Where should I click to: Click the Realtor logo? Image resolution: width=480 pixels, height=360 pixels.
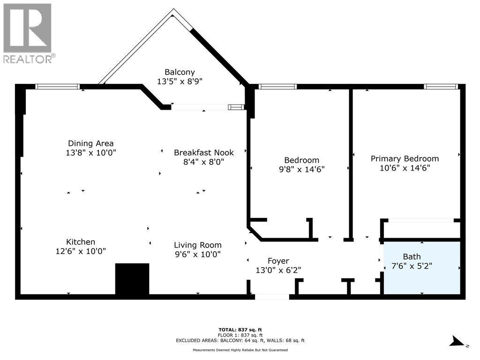[28, 33]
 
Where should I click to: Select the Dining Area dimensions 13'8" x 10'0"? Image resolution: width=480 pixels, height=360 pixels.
[91, 152]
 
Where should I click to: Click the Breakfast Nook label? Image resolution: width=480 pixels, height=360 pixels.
[203, 152]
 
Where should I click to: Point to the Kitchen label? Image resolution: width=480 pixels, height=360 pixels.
[81, 242]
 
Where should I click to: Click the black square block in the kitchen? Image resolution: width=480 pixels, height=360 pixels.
[132, 279]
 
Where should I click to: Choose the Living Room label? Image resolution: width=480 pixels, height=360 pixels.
[197, 245]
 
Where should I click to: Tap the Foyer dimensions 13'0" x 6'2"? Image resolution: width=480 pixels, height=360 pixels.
[278, 270]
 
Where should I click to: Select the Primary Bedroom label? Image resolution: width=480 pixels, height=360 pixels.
[405, 158]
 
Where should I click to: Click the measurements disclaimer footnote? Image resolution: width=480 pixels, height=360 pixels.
[240, 350]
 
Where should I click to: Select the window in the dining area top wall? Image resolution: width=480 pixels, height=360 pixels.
[58, 87]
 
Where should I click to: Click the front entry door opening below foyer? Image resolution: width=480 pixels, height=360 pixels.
[272, 297]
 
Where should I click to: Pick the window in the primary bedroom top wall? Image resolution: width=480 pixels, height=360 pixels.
[440, 87]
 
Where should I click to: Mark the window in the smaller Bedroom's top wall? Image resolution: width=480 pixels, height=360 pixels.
[277, 87]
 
